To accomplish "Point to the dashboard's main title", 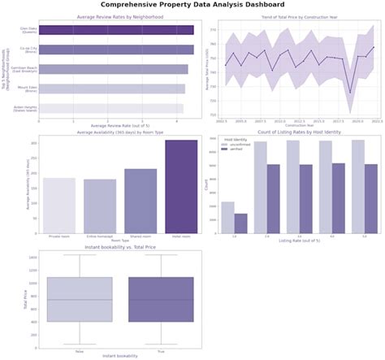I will click(192, 5).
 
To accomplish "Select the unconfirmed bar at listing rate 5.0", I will click(358, 186).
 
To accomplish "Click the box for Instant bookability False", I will click(80, 299).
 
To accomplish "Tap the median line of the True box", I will click(161, 300).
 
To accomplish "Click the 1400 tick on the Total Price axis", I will click(32, 257).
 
